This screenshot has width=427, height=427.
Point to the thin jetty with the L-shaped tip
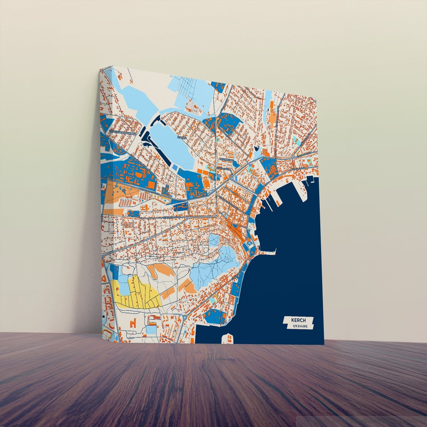[267, 252]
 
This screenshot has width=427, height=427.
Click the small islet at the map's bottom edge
[228, 339]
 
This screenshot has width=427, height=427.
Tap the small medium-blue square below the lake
[175, 168]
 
